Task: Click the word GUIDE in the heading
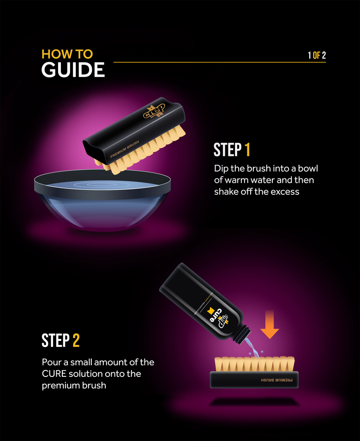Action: click(x=73, y=70)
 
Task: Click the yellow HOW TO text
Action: click(x=67, y=54)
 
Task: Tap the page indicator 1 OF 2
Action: click(x=317, y=55)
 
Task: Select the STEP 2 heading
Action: click(x=60, y=340)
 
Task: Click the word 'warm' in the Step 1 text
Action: click(x=249, y=180)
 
